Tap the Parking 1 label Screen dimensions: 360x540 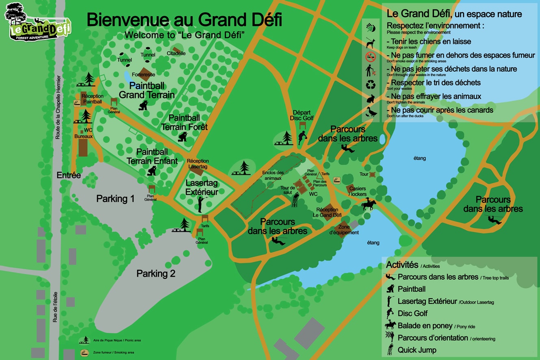pos(115,199)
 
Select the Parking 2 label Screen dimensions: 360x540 pos(156,273)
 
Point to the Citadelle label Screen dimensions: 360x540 pos(176,53)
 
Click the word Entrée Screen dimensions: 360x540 pos(69,176)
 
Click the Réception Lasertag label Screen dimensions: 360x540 pos(198,164)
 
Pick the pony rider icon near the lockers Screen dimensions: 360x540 pos(368,204)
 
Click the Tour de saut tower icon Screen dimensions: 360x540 pos(295,200)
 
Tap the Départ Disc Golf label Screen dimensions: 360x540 pos(301,115)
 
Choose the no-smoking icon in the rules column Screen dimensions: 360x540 pos(371,56)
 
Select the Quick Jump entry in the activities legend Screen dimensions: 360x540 pos(416,350)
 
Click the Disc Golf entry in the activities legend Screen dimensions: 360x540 pos(412,313)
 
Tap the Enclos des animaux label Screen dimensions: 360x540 pos(273,176)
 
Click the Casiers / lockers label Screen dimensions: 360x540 pos(358,191)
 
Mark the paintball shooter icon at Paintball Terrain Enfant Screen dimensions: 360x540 pos(152,170)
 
